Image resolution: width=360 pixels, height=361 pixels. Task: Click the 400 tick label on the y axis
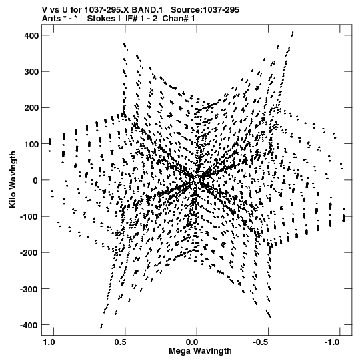[x=31, y=35]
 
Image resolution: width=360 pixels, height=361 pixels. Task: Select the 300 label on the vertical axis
[x=31, y=72]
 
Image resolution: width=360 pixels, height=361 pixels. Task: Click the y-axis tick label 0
[x=35, y=180]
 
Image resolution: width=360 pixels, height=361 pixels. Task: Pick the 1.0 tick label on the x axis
[x=49, y=342]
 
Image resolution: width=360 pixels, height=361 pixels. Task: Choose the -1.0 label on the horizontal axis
[x=333, y=342]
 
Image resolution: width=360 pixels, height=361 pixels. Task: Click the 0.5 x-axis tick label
[x=120, y=342]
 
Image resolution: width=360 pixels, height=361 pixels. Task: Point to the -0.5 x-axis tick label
[x=261, y=342]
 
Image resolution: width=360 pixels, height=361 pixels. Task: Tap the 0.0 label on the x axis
[x=192, y=342]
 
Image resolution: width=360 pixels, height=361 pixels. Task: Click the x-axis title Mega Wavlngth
[x=200, y=351]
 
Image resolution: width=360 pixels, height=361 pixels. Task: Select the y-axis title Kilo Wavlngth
[x=13, y=179]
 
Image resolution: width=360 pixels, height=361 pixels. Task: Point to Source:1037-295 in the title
[x=205, y=10]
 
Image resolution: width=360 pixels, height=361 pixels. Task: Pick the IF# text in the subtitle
[x=132, y=19]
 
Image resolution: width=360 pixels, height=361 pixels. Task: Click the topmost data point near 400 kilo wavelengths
[x=293, y=32]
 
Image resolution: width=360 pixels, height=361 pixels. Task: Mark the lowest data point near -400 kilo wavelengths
[x=101, y=328]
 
